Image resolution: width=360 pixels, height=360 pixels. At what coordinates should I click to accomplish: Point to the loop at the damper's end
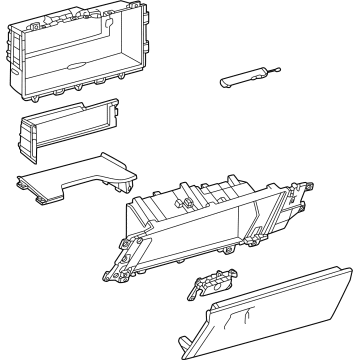272,67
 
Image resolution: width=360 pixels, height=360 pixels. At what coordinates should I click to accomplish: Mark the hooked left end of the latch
191,292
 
